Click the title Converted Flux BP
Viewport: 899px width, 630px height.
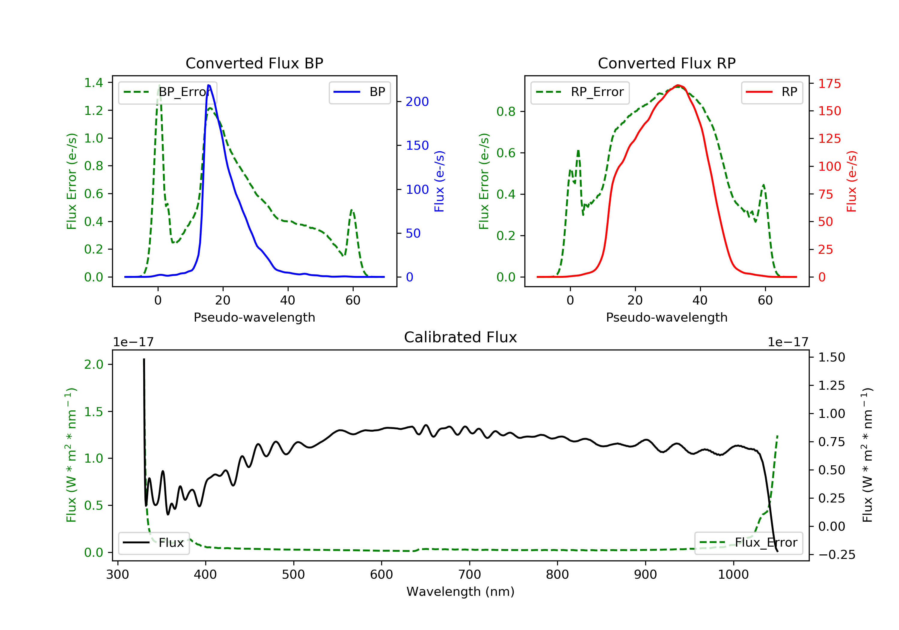254,63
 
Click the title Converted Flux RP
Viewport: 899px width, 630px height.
667,63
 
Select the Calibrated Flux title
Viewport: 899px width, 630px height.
461,337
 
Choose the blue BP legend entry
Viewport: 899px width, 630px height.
359,92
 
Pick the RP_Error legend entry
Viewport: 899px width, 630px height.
580,92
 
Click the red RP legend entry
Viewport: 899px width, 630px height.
772,92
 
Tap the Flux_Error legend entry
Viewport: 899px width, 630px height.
748,543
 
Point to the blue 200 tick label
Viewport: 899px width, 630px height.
417,102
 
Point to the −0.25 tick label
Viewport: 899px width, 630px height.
837,555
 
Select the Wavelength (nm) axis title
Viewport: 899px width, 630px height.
461,592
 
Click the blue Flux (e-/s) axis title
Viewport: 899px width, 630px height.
439,181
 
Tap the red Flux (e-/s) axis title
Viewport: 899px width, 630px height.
852,181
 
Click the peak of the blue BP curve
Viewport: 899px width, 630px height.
209,85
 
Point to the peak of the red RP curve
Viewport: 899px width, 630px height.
678,85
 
